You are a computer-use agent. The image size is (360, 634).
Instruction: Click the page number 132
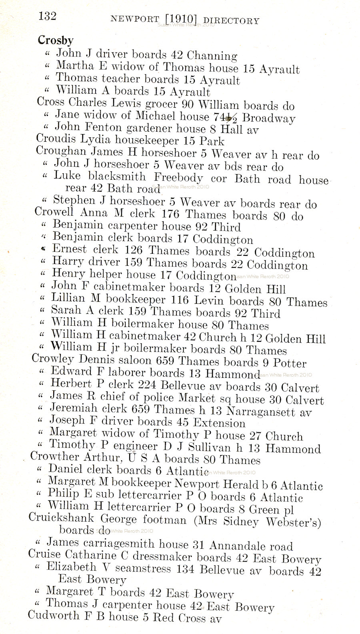tap(47, 16)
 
